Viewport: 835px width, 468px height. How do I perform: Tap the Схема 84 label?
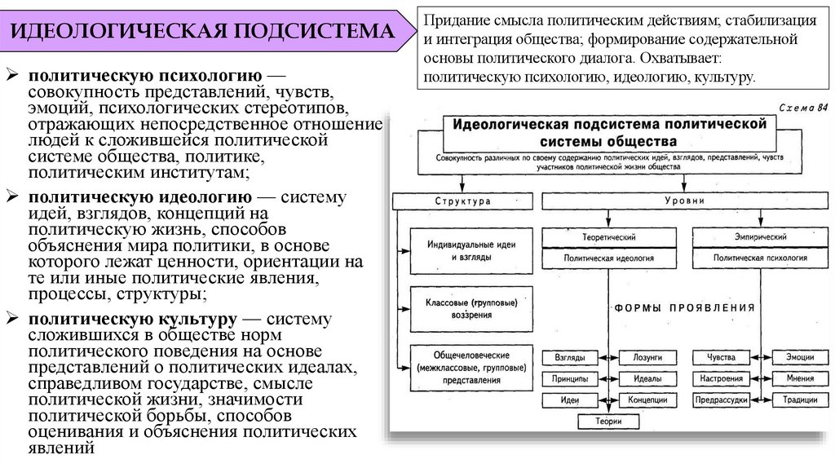coord(802,107)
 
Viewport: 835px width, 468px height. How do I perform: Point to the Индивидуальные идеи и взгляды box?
coord(462,249)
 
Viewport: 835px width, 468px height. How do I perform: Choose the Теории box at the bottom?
coord(608,422)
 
